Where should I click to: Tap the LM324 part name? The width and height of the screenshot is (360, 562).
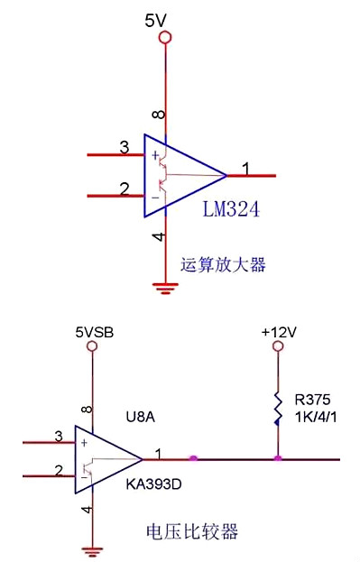(x=231, y=210)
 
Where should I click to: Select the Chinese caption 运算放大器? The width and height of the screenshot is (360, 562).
(x=224, y=265)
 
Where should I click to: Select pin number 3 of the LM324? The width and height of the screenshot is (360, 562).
(x=124, y=147)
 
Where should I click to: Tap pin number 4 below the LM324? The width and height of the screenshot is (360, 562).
(x=159, y=236)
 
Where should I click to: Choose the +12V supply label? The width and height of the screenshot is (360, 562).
(x=279, y=332)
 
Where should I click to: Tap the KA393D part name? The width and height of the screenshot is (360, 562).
(x=152, y=484)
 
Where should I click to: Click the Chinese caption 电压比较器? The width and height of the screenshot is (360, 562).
(x=192, y=531)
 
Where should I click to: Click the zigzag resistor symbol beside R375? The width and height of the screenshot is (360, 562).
(x=279, y=406)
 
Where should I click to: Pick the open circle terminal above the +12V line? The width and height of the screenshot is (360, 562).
(x=279, y=348)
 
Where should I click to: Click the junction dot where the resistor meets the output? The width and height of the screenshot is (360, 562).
(x=279, y=459)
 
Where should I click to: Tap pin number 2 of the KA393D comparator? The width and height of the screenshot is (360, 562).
(x=59, y=470)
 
